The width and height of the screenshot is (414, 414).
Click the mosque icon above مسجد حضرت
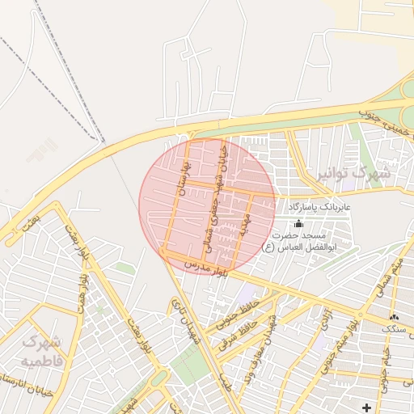300,223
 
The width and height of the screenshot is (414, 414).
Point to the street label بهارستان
182,181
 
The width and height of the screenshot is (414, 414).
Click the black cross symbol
367,406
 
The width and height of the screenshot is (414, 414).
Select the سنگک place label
395,329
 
